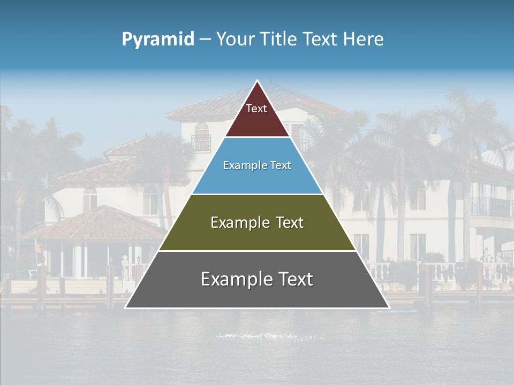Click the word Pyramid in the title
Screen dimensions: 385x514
(x=158, y=40)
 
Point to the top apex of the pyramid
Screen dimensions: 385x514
(x=257, y=81)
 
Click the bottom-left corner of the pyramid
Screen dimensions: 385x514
(x=126, y=307)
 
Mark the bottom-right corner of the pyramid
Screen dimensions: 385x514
(x=388, y=307)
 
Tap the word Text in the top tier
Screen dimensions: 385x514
(x=256, y=109)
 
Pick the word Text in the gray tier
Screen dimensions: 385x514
(x=294, y=279)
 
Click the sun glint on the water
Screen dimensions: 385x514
(x=268, y=337)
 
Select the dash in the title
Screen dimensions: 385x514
(x=205, y=40)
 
